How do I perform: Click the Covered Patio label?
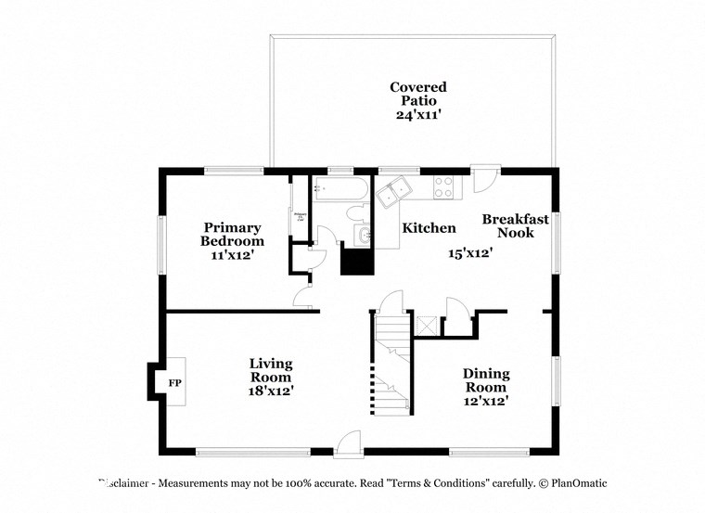tap(417, 94)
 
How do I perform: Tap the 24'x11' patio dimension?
tap(417, 115)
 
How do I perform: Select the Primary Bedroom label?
tap(231, 234)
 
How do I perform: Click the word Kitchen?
tap(429, 228)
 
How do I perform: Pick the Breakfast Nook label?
tap(515, 226)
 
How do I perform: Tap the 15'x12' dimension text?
tap(469, 252)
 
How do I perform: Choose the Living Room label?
tap(271, 370)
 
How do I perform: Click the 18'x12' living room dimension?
tap(271, 391)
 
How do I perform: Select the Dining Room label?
tap(485, 380)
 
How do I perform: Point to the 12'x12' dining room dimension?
tap(485, 401)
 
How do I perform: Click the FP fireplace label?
tap(173, 382)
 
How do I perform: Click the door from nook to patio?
tap(483, 178)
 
